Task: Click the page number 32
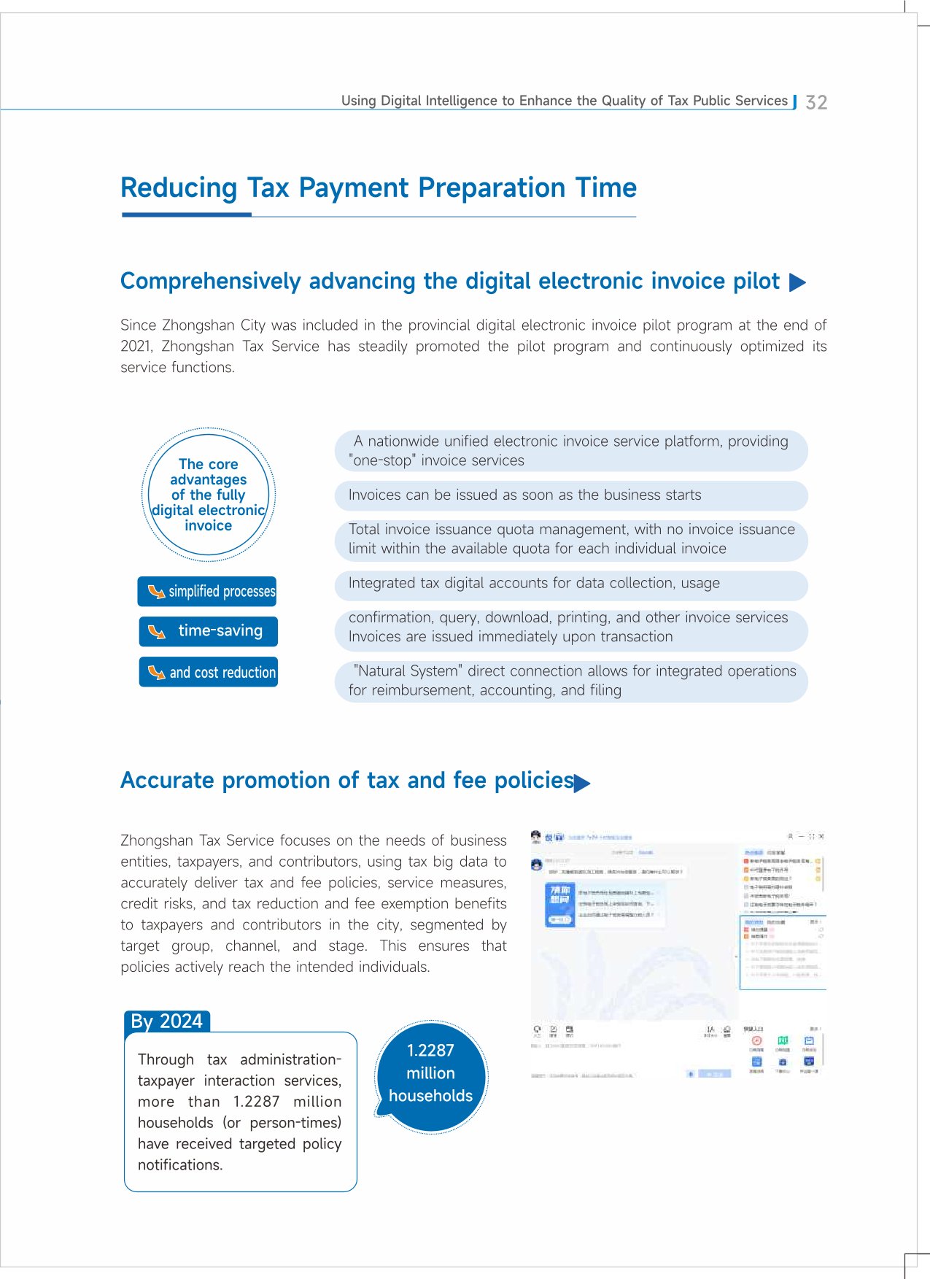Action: [x=816, y=102]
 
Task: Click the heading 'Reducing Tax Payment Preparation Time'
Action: [x=379, y=188]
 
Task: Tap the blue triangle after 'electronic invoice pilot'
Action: [x=798, y=282]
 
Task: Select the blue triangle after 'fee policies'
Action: [x=582, y=784]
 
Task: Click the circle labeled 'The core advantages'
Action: [x=209, y=495]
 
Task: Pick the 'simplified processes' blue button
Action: [x=207, y=591]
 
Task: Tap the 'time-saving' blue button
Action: [x=209, y=631]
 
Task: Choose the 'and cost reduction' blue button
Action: [x=209, y=672]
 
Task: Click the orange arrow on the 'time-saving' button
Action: [x=157, y=632]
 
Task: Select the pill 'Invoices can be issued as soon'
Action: [x=571, y=495]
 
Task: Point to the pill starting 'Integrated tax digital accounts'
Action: [x=571, y=584]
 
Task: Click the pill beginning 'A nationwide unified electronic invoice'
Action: [x=571, y=451]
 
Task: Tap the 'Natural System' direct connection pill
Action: [x=571, y=681]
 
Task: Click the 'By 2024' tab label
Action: [x=167, y=1021]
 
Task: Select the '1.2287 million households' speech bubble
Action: [x=430, y=1074]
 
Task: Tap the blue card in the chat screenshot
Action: [x=560, y=905]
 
